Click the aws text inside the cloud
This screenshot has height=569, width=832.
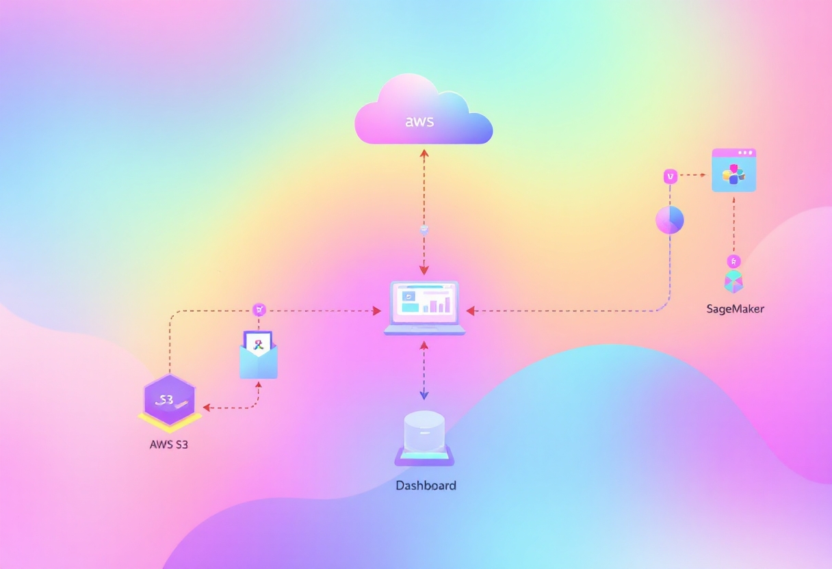point(420,122)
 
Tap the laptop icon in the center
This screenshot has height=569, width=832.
point(424,307)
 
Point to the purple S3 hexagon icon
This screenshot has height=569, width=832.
point(170,399)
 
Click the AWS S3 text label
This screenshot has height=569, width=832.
point(168,444)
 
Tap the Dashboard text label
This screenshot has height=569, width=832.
point(426,486)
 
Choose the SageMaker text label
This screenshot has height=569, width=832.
point(735,309)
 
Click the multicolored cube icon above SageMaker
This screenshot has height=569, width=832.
point(733,281)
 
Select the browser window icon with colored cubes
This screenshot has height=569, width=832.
point(733,170)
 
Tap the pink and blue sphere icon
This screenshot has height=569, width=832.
point(670,220)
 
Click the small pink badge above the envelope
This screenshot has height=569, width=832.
point(259,310)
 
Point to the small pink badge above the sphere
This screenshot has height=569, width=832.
point(671,176)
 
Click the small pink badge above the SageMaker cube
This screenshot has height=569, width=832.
point(733,261)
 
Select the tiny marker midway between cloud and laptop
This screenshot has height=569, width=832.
point(424,229)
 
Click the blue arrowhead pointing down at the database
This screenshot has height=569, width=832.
point(424,395)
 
